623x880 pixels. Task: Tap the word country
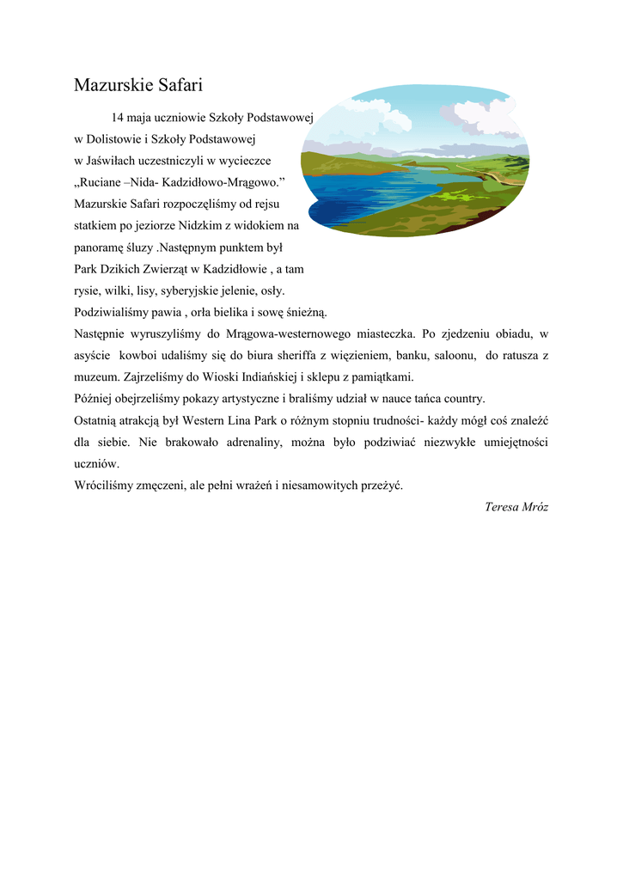[462, 399]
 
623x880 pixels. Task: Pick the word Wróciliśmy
[104, 485]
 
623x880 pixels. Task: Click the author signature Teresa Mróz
[516, 506]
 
